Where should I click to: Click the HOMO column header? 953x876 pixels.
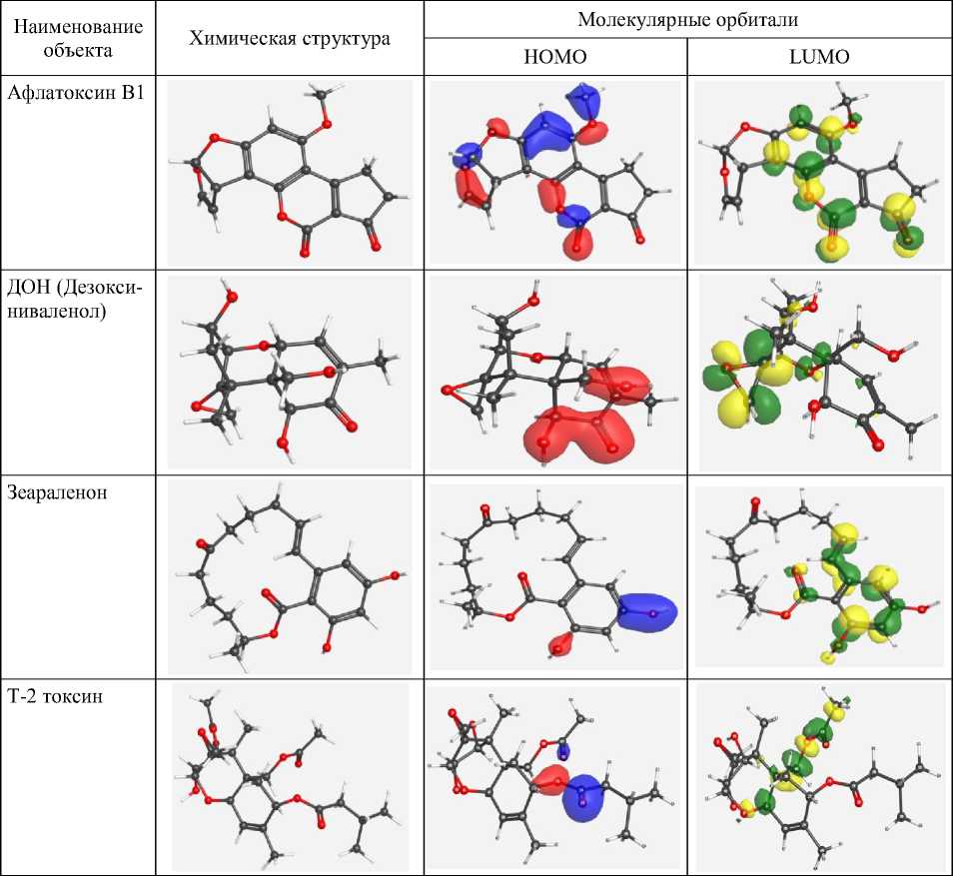pos(555,57)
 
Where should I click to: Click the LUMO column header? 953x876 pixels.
pos(819,57)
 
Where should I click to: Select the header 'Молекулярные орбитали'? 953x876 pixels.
pos(687,20)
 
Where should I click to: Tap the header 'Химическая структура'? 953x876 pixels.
pos(290,38)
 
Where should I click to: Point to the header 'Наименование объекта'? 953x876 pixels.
pos(78,38)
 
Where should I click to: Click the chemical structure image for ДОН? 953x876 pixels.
pos(289,372)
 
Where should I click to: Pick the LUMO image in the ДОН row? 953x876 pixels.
pos(819,372)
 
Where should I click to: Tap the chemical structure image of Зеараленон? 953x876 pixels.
pos(289,576)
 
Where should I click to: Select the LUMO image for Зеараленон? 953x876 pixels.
pos(819,576)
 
